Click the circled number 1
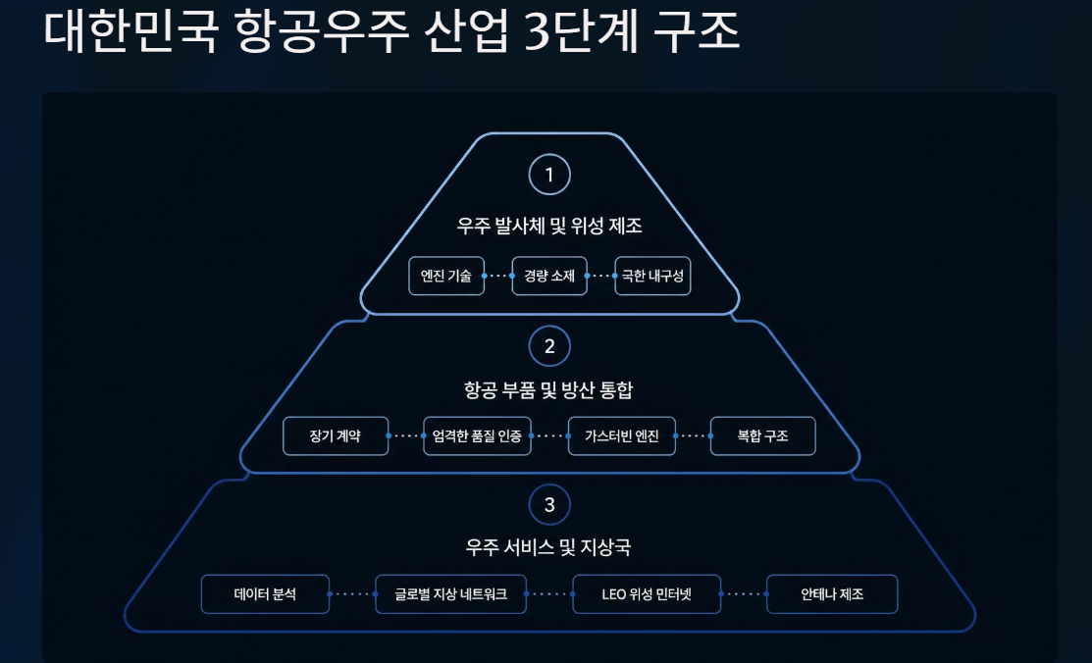click(x=549, y=175)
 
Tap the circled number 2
click(x=549, y=346)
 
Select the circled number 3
click(x=549, y=505)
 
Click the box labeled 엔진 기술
click(x=446, y=276)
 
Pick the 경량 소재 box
click(x=549, y=276)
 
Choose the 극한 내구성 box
click(x=652, y=276)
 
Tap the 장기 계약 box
click(x=336, y=436)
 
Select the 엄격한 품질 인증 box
click(x=477, y=436)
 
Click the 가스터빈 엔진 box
click(x=622, y=436)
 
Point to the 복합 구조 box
click(x=762, y=436)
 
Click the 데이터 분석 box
click(x=265, y=594)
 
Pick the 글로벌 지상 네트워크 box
click(x=450, y=594)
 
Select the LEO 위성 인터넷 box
click(x=647, y=594)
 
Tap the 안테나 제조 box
click(x=832, y=594)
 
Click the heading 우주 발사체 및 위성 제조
click(x=549, y=226)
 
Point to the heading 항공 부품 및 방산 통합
click(x=548, y=390)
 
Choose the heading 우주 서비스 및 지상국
click(x=548, y=547)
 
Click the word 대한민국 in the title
click(x=130, y=30)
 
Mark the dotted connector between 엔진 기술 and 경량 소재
click(x=498, y=276)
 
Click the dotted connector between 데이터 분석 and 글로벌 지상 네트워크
click(x=352, y=594)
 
